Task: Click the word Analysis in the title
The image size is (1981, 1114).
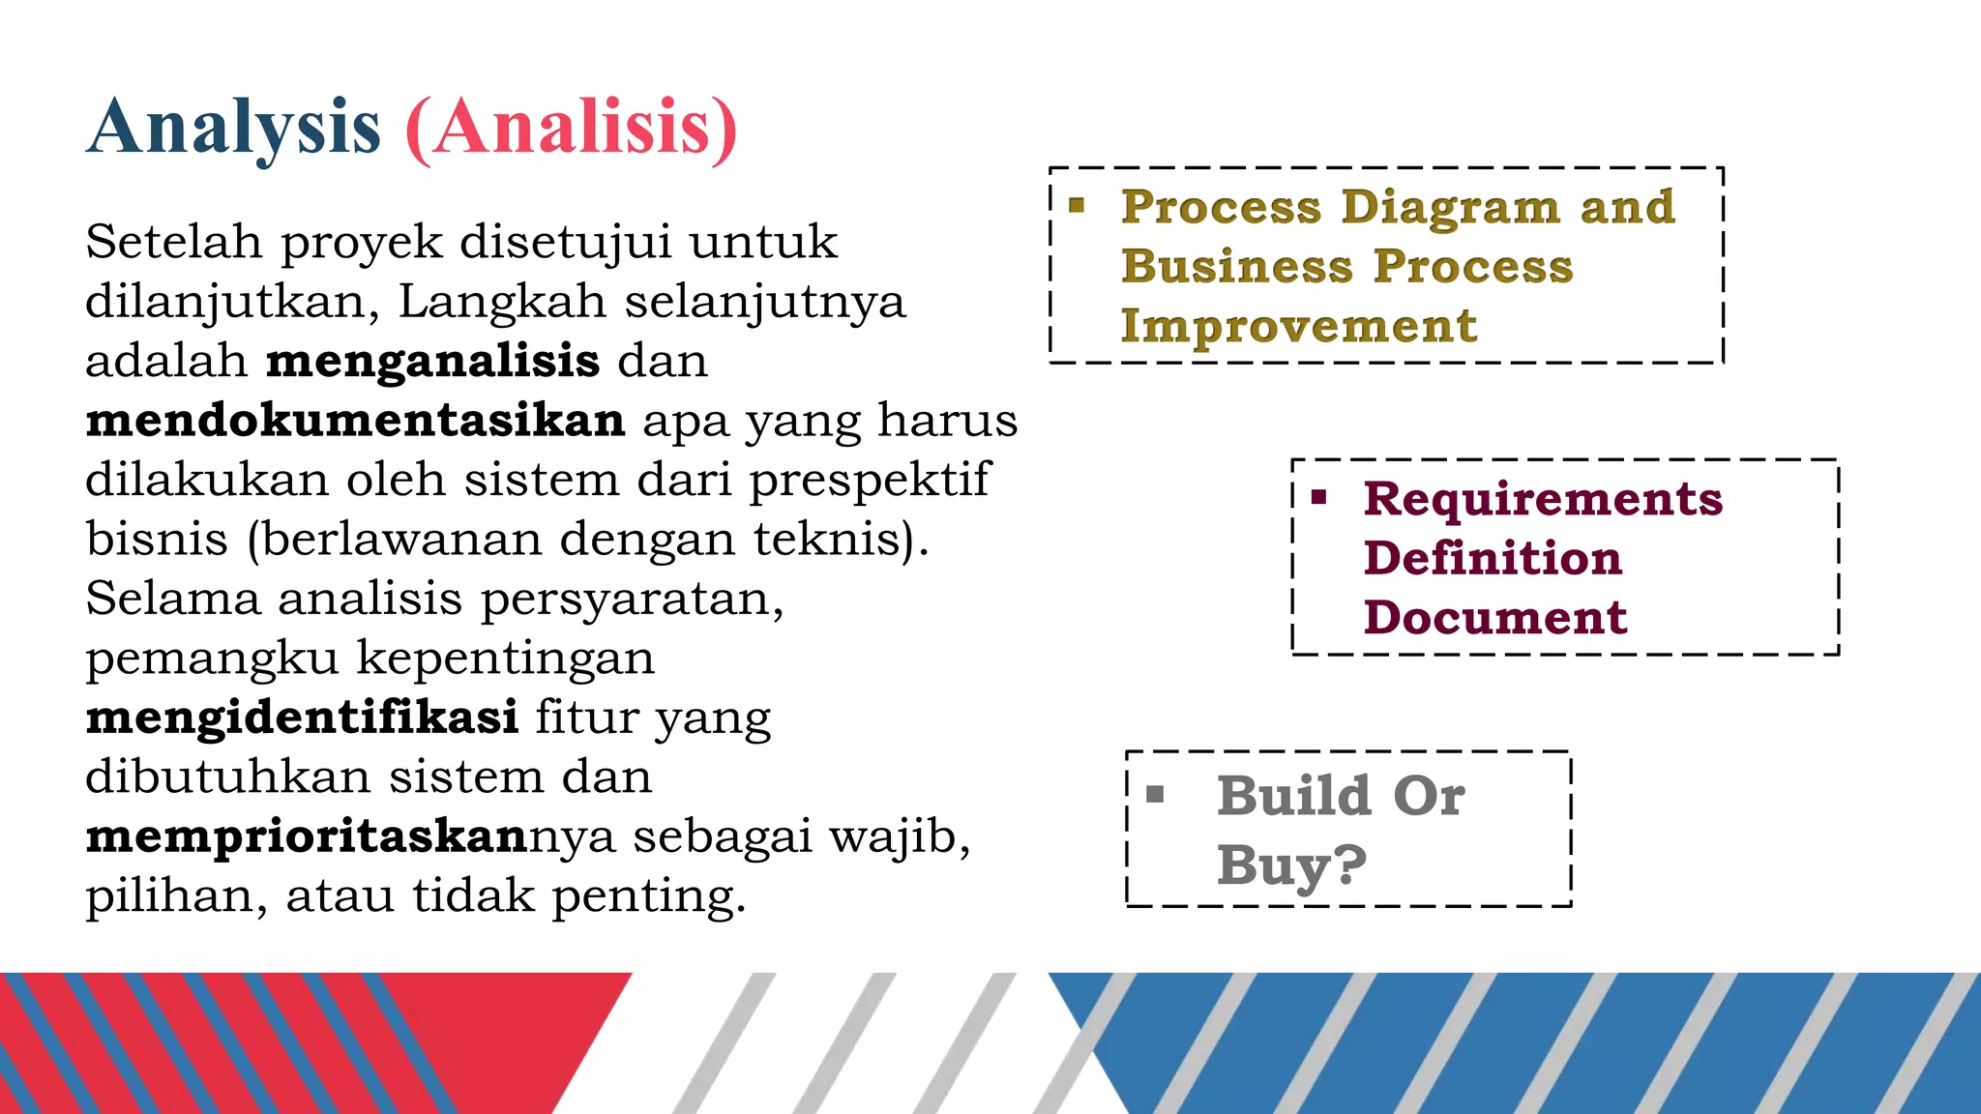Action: (234, 128)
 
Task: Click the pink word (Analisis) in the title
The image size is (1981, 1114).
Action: (572, 128)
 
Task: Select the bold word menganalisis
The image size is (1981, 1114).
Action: (432, 361)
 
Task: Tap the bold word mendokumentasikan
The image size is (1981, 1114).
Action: (355, 421)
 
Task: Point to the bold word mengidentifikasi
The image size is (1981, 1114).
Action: (302, 718)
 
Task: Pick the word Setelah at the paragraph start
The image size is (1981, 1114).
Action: (173, 242)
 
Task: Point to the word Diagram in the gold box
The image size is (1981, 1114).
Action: (1450, 208)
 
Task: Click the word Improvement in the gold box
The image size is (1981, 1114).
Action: (1299, 327)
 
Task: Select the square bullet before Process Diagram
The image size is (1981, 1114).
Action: (1077, 205)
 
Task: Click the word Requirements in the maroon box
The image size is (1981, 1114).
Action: (1543, 500)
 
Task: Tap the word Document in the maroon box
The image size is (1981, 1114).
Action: (1495, 618)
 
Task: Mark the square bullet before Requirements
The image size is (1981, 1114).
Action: (1319, 498)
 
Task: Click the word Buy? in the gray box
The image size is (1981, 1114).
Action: (1291, 865)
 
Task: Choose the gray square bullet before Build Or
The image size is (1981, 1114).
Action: (1155, 795)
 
